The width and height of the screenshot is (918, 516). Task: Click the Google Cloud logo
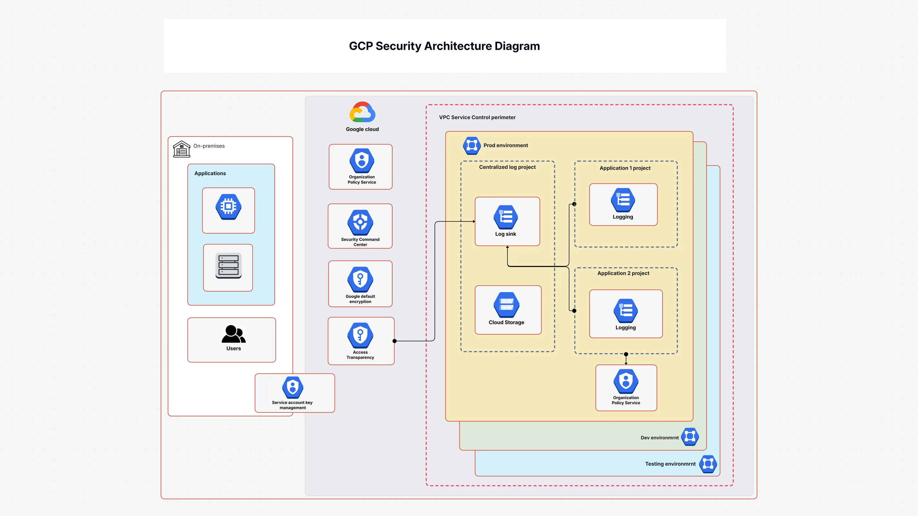[362, 112]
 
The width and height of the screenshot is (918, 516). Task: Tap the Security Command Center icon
[360, 222]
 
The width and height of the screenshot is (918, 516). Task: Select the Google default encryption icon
[360, 279]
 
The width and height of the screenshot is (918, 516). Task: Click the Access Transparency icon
[360, 335]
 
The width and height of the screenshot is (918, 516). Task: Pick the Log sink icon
[505, 217]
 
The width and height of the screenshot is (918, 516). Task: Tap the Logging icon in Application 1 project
[623, 200]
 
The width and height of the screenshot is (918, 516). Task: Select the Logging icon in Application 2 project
[625, 310]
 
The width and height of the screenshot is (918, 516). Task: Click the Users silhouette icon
[233, 334]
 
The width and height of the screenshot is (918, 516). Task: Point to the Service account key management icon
[293, 387]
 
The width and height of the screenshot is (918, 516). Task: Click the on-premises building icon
[181, 149]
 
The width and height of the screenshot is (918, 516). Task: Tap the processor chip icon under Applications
[228, 207]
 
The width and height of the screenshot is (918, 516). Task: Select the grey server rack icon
[228, 266]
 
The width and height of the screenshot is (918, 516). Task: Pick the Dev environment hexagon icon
[690, 437]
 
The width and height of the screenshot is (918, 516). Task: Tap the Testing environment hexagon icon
[708, 464]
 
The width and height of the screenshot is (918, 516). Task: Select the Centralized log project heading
[507, 167]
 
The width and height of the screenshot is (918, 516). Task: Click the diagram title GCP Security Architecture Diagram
[444, 46]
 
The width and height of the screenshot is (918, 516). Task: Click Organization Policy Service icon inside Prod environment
[626, 381]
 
